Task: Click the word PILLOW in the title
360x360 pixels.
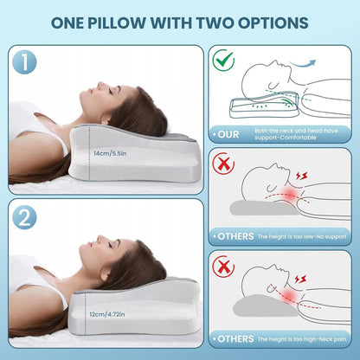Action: point(117,22)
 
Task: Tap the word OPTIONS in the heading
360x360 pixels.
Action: point(273,22)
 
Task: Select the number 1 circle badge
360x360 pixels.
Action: point(24,62)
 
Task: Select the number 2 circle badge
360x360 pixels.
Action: point(24,217)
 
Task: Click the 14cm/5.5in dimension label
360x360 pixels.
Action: point(110,153)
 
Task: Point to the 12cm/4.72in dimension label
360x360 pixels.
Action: point(107,314)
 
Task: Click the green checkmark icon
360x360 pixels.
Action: point(223,60)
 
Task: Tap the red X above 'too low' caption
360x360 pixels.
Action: point(223,164)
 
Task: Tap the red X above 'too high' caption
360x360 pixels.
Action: point(223,267)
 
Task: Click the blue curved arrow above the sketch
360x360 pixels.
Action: point(303,64)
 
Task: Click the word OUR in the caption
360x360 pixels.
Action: point(228,134)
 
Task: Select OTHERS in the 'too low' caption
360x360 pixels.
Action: point(235,236)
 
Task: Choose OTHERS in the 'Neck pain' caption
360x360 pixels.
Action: point(235,339)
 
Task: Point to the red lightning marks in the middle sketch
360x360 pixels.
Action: point(302,176)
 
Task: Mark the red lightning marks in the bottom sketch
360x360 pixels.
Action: point(300,280)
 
